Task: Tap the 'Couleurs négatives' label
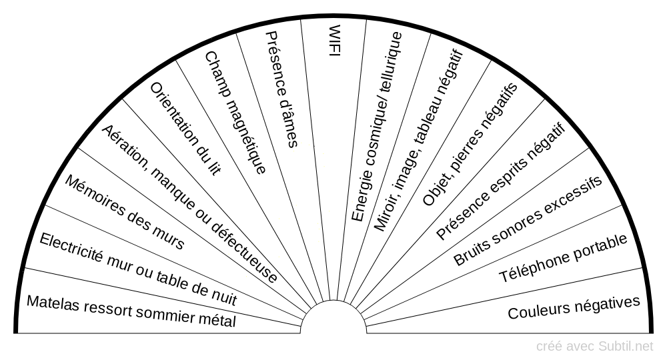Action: (x=574, y=308)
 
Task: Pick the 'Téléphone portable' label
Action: (x=563, y=259)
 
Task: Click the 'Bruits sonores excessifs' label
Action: (x=528, y=221)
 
